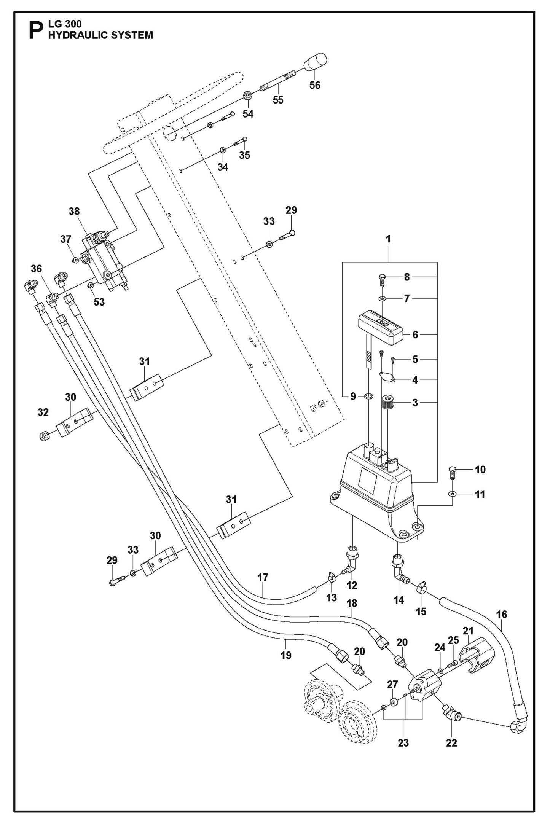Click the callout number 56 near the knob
[315, 85]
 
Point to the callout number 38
[74, 211]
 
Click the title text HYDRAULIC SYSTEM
[100, 35]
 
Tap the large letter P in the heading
[37, 30]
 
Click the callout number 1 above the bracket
[388, 239]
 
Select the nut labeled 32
[44, 435]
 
